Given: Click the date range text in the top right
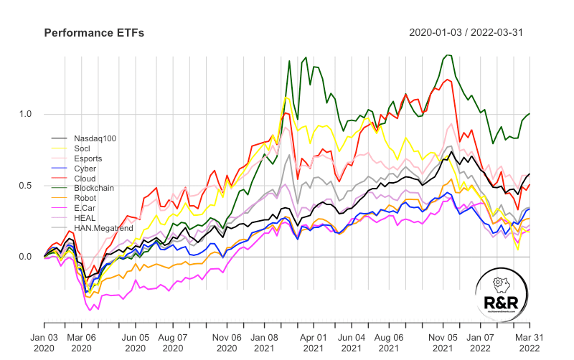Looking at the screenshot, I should [469, 33].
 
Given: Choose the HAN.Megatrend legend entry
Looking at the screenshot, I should [98, 228].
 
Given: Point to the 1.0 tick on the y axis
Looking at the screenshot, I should [27, 115].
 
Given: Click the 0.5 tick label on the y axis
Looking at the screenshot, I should [27, 186].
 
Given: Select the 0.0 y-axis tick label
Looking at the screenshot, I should [27, 257].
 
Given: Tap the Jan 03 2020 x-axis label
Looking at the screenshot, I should [44, 341].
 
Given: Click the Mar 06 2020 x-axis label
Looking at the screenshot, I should [81, 341].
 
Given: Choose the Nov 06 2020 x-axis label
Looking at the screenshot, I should [227, 341].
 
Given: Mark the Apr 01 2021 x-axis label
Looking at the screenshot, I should [314, 341].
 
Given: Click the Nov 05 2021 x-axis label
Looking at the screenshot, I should [443, 341].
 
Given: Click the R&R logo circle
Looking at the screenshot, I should [502, 295].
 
